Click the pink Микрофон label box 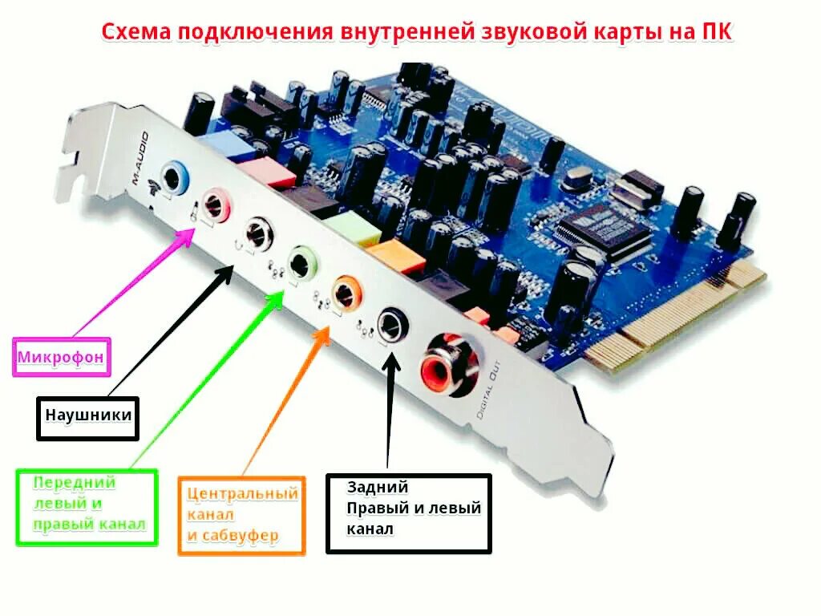62,357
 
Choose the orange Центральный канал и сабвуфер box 242,515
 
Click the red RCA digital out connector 446,365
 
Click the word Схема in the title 135,33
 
